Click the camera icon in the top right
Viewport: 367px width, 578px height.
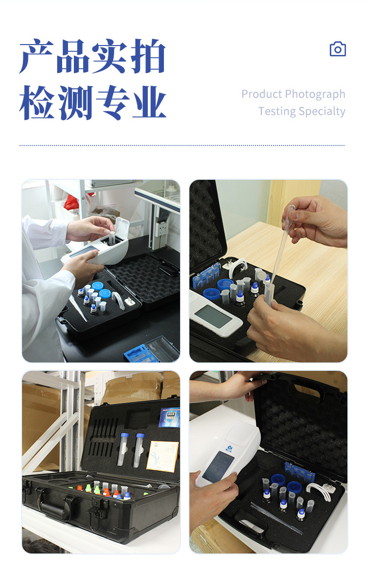pos(338,49)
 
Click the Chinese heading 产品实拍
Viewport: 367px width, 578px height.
pos(92,57)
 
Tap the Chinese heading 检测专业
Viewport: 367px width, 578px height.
pos(92,103)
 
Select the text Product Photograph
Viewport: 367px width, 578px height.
pos(293,94)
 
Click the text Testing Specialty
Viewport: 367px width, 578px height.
pos(301,111)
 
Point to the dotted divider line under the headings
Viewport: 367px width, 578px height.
pos(182,145)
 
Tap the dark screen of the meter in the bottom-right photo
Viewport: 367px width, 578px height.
pos(218,468)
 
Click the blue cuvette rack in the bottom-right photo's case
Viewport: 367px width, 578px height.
pos(298,472)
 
